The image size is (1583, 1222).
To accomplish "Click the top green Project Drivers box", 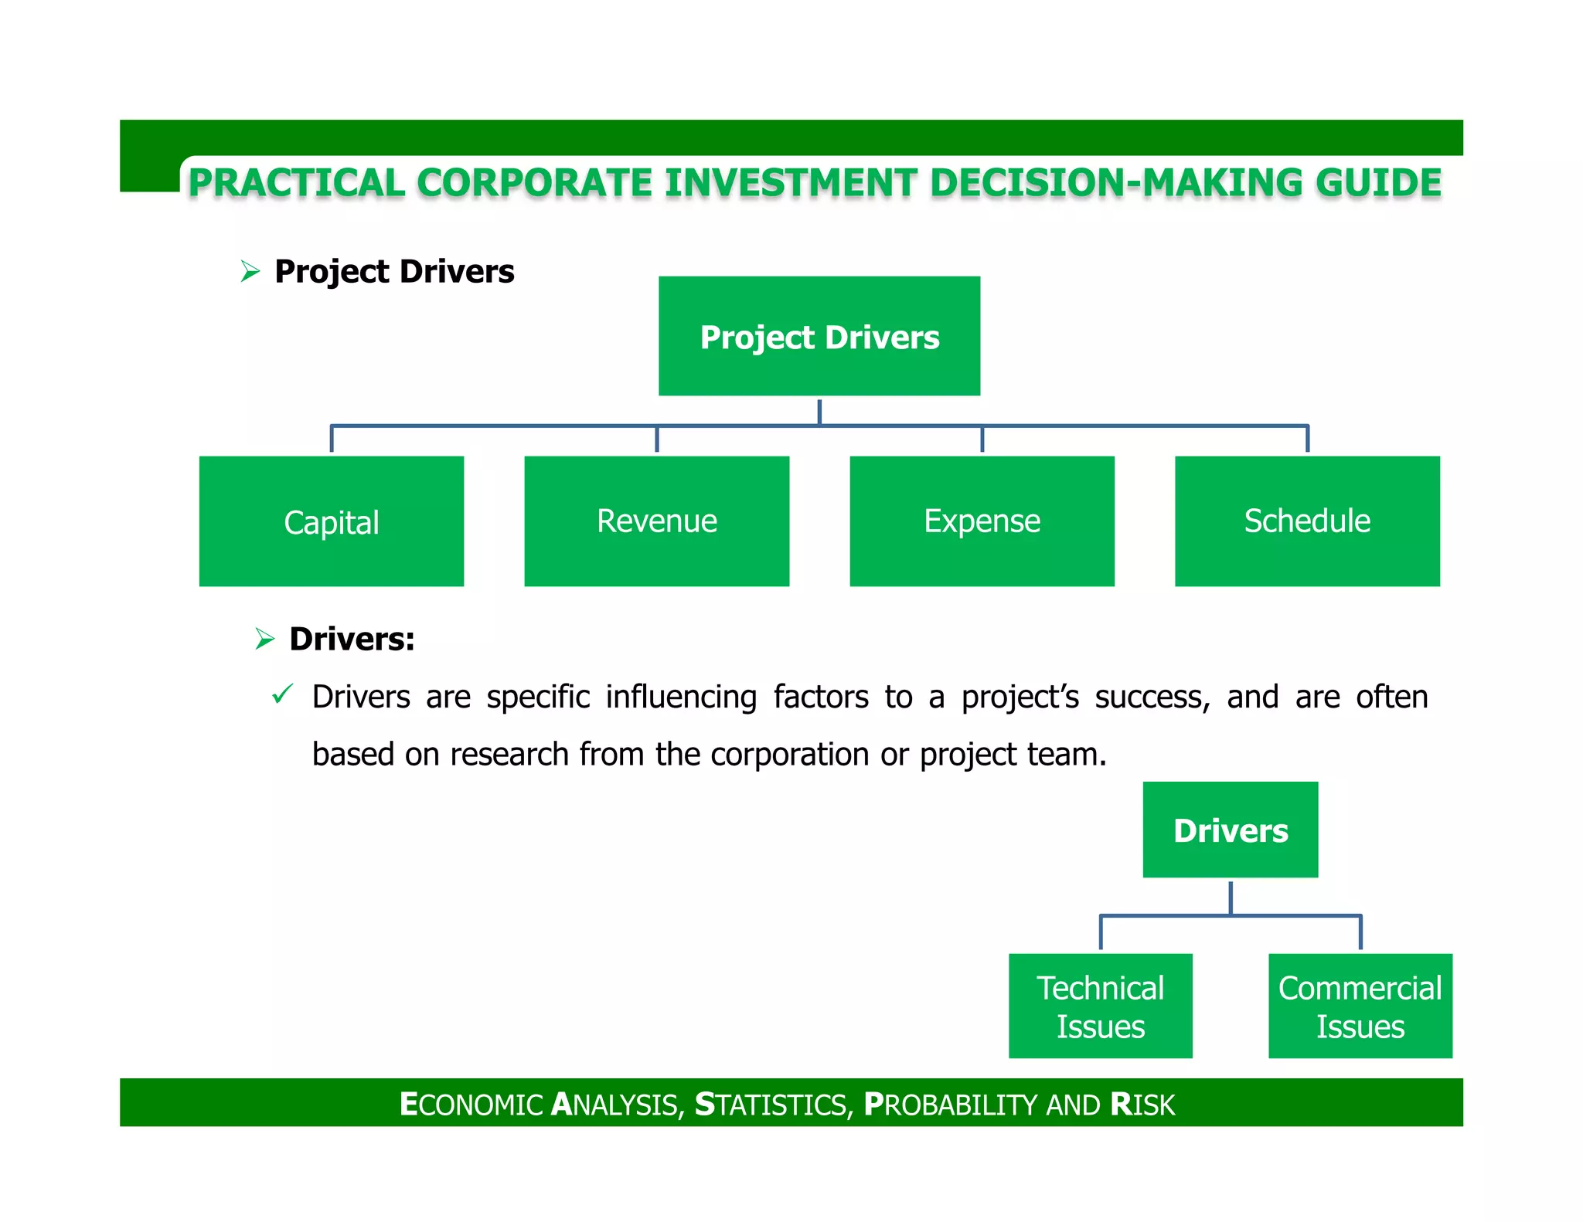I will tap(819, 336).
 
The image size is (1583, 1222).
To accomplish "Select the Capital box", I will tap(332, 521).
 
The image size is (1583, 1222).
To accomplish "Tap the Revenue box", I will tap(656, 521).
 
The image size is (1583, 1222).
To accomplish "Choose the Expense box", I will tap(982, 521).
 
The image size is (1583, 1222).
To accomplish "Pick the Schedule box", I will tap(1307, 521).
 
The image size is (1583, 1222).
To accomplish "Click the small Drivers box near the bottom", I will tap(1231, 830).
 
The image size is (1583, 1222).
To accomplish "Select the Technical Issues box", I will tap(1100, 1006).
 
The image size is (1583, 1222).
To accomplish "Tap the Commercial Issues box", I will tap(1360, 1006).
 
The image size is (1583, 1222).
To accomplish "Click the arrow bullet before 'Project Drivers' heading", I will tap(250, 271).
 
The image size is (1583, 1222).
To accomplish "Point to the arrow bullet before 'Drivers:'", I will tap(264, 639).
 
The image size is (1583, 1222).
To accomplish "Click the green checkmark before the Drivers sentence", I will tap(282, 694).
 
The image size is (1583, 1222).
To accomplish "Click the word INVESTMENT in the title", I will tap(791, 183).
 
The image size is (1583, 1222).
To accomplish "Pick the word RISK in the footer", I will tap(1142, 1105).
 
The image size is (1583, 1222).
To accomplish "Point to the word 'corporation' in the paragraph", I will tap(789, 755).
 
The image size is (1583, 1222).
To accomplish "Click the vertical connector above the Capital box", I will tap(332, 439).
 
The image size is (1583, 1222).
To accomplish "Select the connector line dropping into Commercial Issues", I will tap(1360, 932).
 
